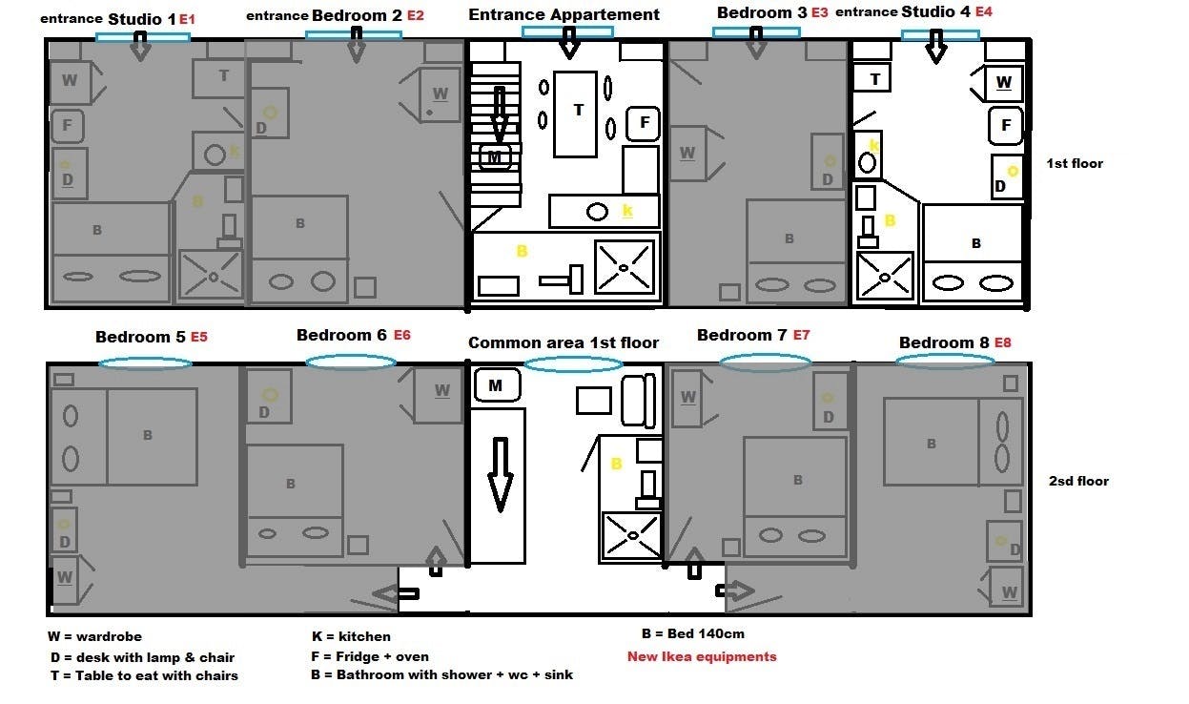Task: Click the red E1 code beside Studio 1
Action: [187, 20]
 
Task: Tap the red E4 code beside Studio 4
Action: [984, 11]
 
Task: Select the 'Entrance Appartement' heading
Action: [564, 15]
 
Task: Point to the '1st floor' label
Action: [1075, 163]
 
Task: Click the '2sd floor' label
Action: [1078, 481]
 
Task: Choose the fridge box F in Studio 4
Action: [1005, 126]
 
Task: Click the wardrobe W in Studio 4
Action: [1003, 83]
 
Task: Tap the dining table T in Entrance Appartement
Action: [575, 114]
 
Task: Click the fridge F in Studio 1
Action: [68, 126]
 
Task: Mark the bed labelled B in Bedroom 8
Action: [931, 443]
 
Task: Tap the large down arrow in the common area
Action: [500, 474]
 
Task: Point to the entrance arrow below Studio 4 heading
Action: [936, 46]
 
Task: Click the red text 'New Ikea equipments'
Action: [702, 656]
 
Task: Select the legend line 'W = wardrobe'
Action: [94, 636]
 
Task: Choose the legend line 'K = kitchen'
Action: [351, 636]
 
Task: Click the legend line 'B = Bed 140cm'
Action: [692, 633]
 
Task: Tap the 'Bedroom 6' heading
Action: [341, 335]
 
